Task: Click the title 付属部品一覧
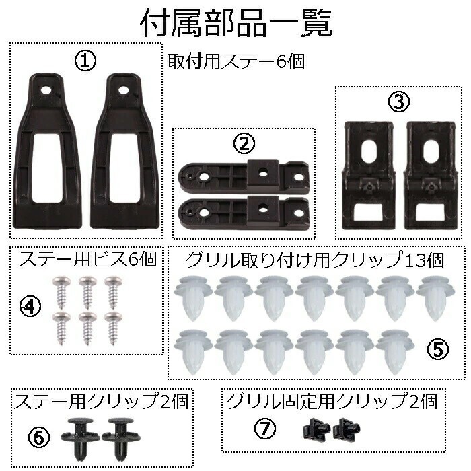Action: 235,22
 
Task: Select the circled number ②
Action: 244,143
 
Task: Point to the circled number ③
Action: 398,102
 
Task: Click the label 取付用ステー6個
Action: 238,61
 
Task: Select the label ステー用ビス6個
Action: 87,259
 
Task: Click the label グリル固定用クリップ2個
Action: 332,402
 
